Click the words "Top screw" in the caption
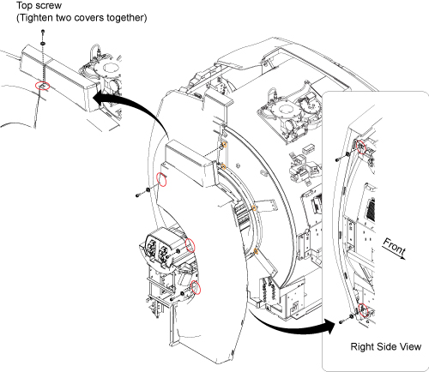(39, 5)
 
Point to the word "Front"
(394, 246)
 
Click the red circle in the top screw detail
(42, 85)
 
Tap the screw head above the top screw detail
(43, 31)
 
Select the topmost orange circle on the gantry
(225, 145)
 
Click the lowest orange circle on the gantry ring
(256, 251)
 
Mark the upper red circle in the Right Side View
(361, 147)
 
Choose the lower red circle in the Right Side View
(363, 310)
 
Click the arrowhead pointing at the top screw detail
(99, 99)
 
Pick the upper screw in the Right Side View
(338, 159)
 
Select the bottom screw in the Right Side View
(341, 322)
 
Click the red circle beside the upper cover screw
(162, 179)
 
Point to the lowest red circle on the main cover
(196, 287)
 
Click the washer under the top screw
(43, 43)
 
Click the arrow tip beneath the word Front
(406, 259)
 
